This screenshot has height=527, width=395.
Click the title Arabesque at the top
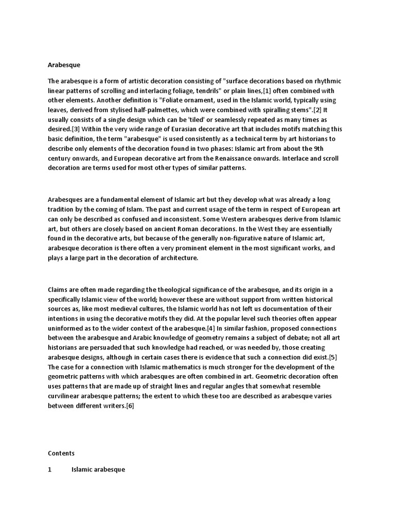tap(64, 65)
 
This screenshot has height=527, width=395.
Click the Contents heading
tap(61, 453)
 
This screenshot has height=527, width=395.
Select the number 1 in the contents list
tap(50, 470)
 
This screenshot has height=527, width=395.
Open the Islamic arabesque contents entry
tap(98, 470)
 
